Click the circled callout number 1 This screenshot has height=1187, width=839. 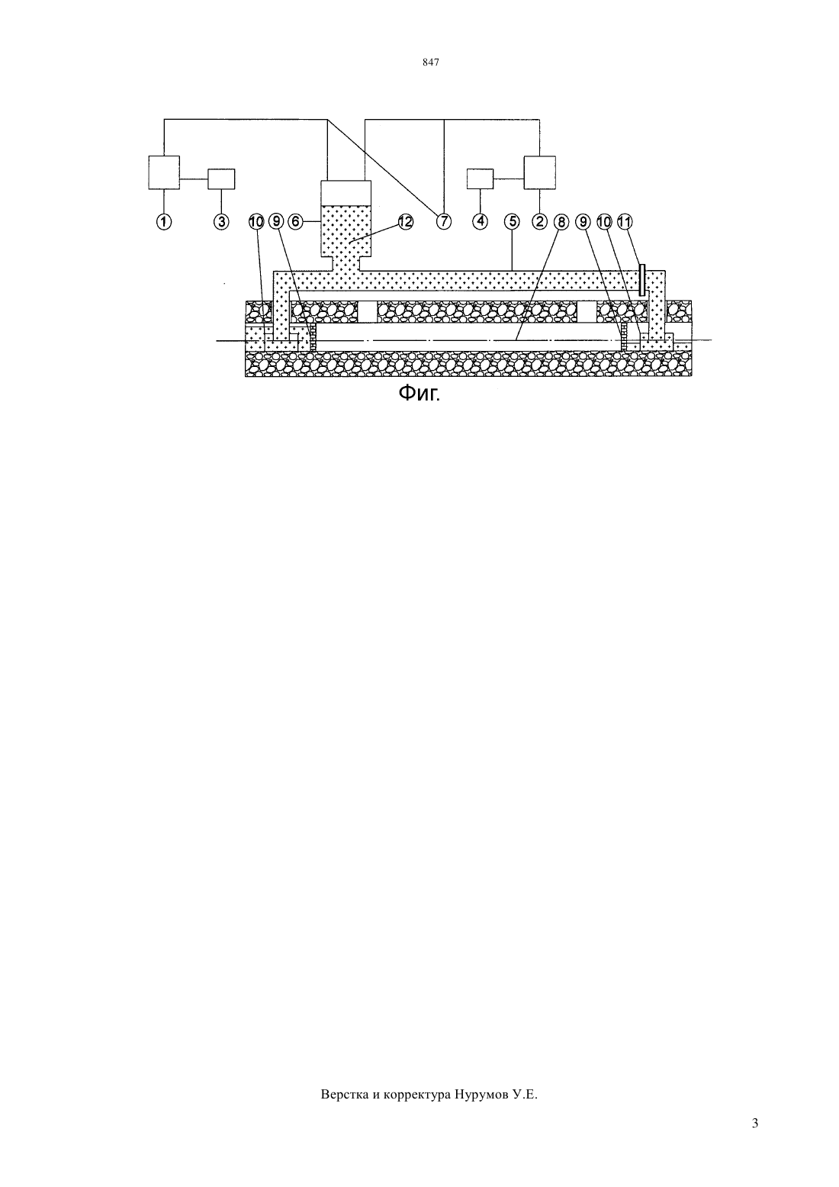164,221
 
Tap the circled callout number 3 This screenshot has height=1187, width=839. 222,221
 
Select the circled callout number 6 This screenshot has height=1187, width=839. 296,221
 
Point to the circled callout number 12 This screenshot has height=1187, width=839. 405,221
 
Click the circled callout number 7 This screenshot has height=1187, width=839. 443,221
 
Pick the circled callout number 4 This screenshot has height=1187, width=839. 480,221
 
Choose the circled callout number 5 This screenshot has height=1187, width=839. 513,221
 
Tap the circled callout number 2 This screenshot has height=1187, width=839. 540,221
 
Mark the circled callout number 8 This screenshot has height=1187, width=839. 561,221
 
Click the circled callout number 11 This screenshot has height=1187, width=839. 625,221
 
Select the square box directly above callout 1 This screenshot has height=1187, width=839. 164,172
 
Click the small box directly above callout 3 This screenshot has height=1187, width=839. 221,179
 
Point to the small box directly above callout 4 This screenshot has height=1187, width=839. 480,179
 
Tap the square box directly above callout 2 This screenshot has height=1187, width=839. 540,172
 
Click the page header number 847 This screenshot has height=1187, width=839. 431,63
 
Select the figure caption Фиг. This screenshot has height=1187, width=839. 419,393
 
